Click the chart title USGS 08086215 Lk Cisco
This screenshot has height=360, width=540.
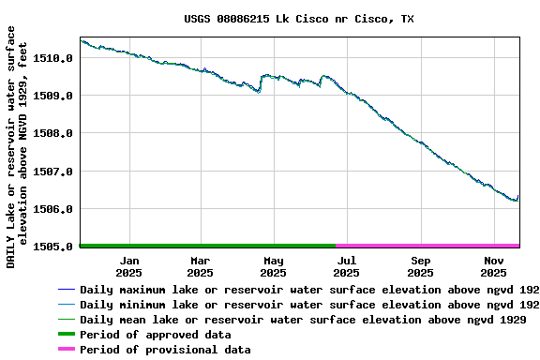(x=298, y=19)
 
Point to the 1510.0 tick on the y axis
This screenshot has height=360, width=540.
(x=53, y=58)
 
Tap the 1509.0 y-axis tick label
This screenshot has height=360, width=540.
(x=53, y=96)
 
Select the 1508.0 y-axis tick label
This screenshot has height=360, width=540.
(x=53, y=133)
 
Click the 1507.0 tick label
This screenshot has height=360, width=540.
(x=53, y=172)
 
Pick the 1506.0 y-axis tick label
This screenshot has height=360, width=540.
(x=53, y=209)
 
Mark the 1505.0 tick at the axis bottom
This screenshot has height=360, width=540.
(x=53, y=247)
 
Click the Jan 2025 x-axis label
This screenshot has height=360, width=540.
(x=129, y=266)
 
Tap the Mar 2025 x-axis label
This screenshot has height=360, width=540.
(x=200, y=266)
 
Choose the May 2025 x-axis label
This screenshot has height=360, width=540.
(x=273, y=266)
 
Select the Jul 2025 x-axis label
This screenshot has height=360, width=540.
(x=346, y=266)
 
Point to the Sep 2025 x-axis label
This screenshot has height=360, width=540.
(x=420, y=266)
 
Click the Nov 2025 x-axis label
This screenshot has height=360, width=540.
(x=493, y=266)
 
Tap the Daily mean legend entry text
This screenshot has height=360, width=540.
(x=302, y=320)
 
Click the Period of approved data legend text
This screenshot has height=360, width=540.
(x=155, y=335)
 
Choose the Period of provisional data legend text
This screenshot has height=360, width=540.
(x=165, y=350)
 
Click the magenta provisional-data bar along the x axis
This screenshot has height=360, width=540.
(x=427, y=245)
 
